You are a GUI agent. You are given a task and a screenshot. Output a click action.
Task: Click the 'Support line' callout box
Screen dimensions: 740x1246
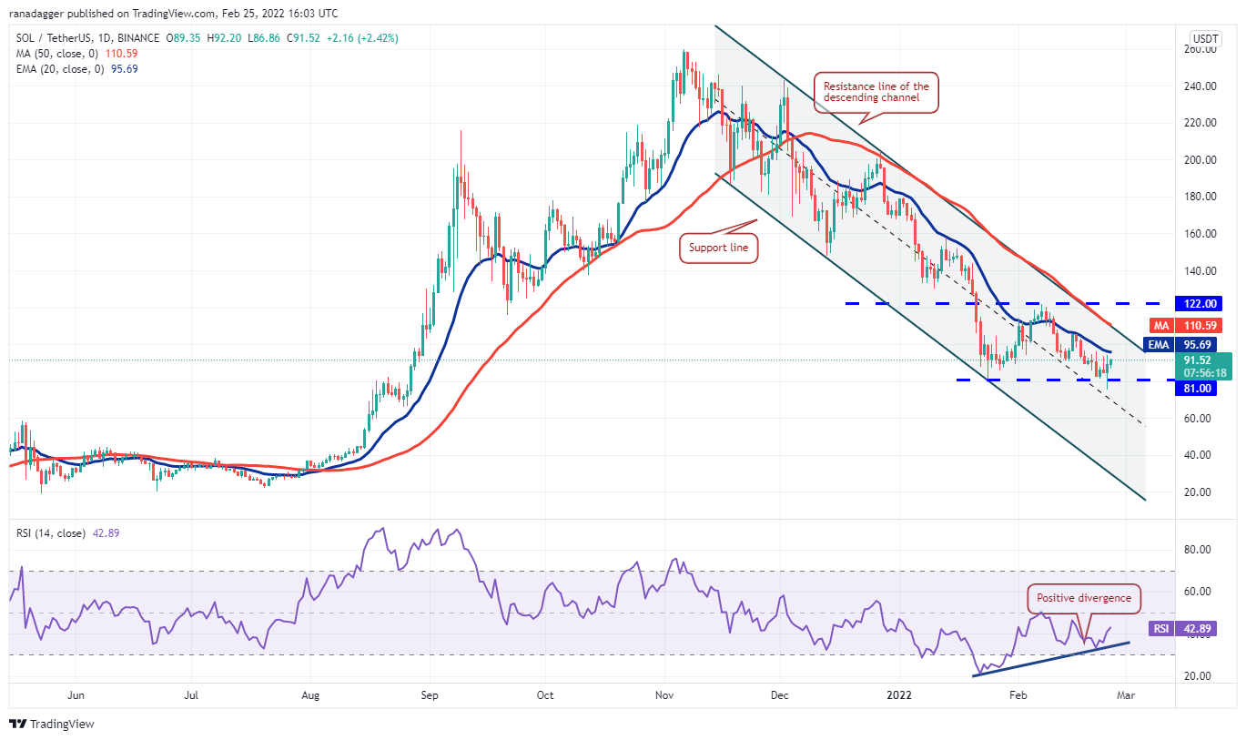pos(718,248)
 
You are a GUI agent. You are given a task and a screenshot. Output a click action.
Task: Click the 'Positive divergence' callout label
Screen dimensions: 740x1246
pos(1083,598)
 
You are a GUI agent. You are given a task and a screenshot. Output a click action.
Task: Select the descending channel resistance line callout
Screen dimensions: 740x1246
pos(876,93)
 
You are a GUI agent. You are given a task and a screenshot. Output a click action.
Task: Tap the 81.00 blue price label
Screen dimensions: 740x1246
pos(1198,388)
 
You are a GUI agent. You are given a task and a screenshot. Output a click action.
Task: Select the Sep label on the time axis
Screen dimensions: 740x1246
pos(430,695)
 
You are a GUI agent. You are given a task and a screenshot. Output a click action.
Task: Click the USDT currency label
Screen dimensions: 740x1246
pos(1205,38)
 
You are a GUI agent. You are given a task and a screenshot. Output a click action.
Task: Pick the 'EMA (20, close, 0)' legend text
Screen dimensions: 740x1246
pos(60,69)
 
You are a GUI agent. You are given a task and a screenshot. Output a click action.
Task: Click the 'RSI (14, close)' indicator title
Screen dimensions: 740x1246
pos(53,533)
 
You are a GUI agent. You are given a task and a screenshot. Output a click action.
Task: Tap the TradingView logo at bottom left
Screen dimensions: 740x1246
pos(52,724)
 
